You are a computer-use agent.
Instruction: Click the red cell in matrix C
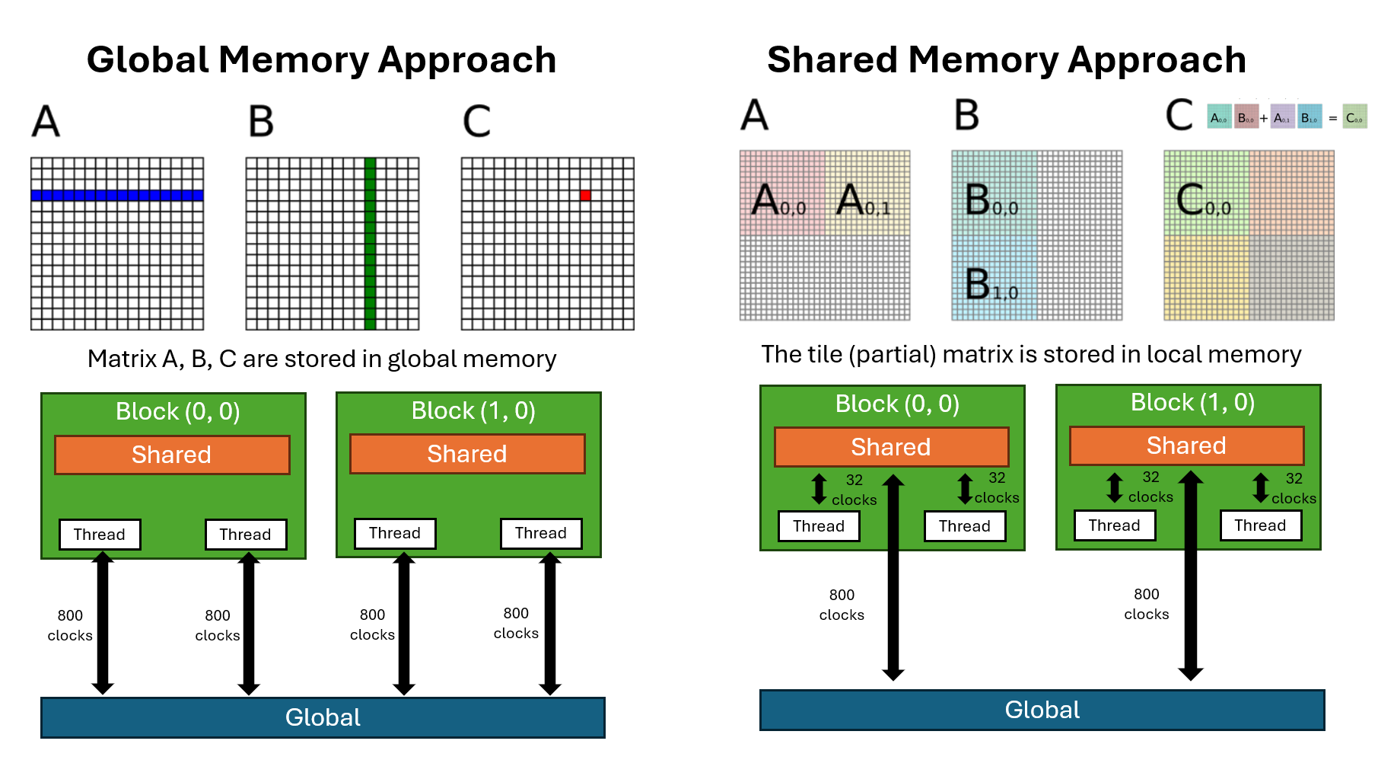(x=585, y=196)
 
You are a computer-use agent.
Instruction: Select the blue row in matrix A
(x=117, y=196)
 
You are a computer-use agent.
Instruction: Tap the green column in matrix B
(x=370, y=244)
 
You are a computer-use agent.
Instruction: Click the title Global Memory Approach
(x=321, y=60)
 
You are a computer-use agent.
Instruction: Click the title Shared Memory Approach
(x=1006, y=60)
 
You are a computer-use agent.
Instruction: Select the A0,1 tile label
(x=863, y=201)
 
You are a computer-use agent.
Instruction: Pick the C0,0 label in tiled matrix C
(x=1203, y=201)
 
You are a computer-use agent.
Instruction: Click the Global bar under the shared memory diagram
(x=1042, y=710)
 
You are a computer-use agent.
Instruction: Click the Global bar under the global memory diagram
(x=323, y=717)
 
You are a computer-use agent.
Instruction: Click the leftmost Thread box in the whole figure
(x=100, y=535)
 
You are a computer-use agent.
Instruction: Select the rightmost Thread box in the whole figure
(x=1260, y=525)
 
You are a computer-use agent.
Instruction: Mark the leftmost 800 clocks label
(x=70, y=625)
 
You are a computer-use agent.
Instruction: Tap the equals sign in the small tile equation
(x=1332, y=119)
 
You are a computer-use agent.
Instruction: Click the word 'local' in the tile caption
(x=1174, y=355)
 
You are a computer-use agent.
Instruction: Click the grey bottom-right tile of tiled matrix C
(x=1291, y=277)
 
